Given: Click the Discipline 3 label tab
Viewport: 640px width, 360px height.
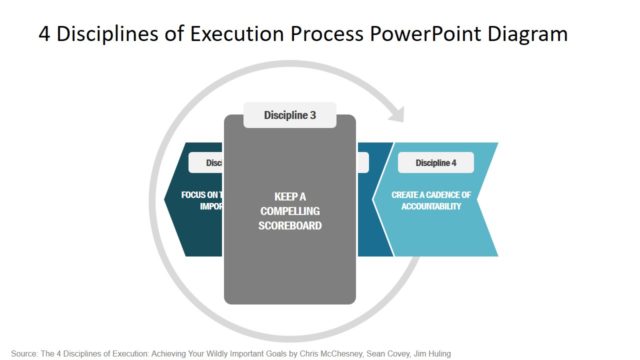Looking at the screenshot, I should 290,116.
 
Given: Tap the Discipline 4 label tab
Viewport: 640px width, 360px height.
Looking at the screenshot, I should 436,163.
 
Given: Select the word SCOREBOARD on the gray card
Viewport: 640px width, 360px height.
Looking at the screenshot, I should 289,226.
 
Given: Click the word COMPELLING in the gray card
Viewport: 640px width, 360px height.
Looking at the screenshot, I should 289,211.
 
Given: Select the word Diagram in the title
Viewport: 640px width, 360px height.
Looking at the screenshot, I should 530,34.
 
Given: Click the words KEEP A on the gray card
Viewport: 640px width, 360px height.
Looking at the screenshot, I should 289,196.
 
